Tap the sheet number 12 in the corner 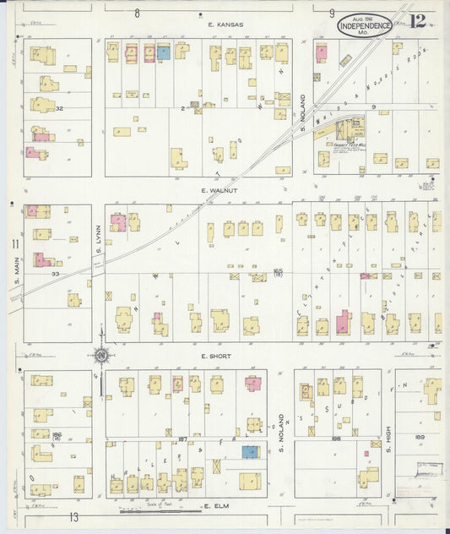(x=417, y=20)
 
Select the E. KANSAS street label (x=226, y=25)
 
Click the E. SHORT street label (x=216, y=357)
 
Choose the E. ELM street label (x=217, y=506)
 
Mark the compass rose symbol (x=100, y=356)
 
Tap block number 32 (x=60, y=108)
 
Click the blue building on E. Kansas (x=163, y=52)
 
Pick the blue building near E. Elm (x=250, y=452)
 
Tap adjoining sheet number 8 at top (x=137, y=13)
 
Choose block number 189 (x=419, y=437)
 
